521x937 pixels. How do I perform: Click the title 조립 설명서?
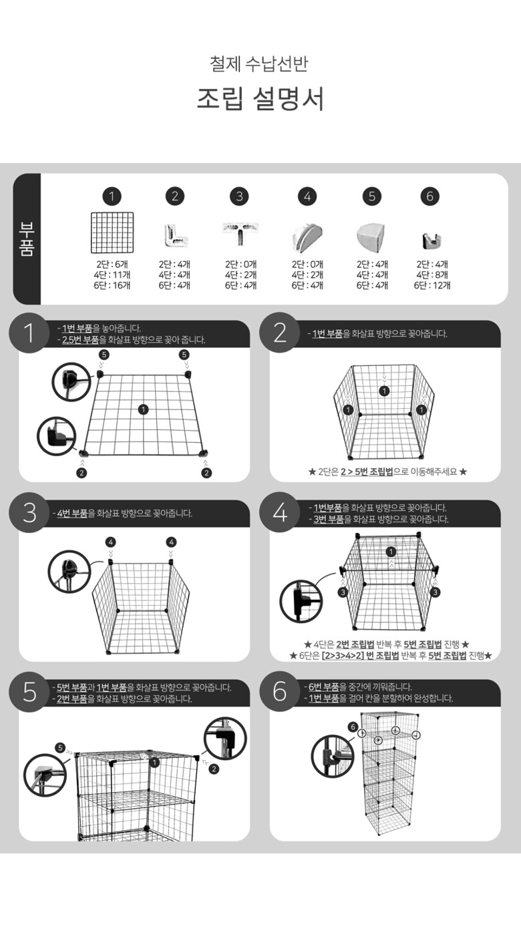coord(260,99)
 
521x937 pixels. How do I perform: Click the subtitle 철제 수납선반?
coord(259,63)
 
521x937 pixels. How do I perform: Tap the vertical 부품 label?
coord(26,239)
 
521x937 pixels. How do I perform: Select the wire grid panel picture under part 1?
coord(112,232)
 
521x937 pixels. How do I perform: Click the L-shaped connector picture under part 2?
coord(175,235)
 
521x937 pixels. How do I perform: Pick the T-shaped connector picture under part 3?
coord(240,233)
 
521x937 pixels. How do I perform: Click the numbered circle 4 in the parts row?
coord(307,196)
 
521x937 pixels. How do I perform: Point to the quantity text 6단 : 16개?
coord(112,285)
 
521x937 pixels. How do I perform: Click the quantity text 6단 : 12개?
coord(432,285)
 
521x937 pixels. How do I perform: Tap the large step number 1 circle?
coord(29,333)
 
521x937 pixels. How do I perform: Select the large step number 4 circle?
coord(280,512)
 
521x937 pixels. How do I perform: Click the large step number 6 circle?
coord(280,691)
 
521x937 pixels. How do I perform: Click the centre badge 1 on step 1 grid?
coord(144,409)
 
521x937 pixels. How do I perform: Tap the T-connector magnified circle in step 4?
coord(301,601)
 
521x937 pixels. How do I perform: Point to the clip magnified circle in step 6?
coord(333,756)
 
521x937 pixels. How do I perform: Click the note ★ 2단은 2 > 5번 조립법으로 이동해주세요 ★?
coord(387,472)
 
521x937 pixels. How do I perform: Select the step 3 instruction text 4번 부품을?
coord(76,514)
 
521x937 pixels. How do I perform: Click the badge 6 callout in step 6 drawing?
coord(353,727)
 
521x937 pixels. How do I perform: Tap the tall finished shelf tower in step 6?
coord(390,773)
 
